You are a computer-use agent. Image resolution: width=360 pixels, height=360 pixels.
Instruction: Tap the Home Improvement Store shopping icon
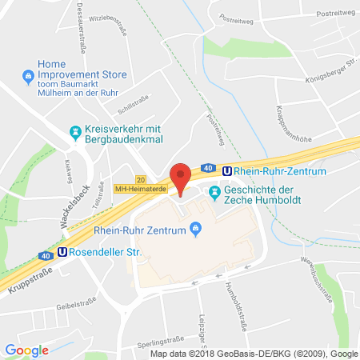coord(28,77)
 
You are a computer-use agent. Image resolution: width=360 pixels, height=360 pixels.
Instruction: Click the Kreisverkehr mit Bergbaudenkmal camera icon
coord(74,131)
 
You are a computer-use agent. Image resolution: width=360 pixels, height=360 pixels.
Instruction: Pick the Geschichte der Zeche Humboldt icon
coord(214,192)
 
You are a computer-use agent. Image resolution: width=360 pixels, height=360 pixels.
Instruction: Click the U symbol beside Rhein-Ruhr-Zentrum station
coord(228,170)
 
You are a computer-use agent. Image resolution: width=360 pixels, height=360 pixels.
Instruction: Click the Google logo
coord(27,350)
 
